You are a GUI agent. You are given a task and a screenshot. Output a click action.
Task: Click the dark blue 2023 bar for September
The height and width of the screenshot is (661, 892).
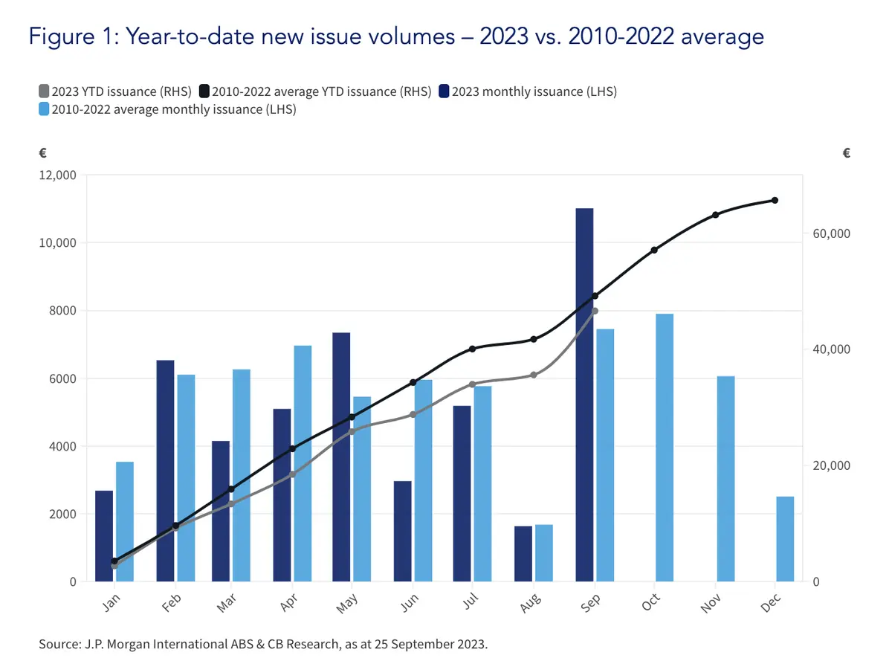point(584,395)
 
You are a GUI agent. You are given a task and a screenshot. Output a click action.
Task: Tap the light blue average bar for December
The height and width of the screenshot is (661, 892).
point(785,539)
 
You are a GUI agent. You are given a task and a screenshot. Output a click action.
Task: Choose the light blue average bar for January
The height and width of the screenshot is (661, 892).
point(125,521)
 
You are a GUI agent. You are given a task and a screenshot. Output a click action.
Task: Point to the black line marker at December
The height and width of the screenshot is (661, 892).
point(775,200)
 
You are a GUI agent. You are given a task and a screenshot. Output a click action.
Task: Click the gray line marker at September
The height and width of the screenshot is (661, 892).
point(595,311)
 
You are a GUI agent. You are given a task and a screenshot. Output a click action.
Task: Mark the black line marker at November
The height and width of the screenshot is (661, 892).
point(715,215)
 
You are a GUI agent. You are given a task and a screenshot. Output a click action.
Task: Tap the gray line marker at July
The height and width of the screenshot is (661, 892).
point(472,384)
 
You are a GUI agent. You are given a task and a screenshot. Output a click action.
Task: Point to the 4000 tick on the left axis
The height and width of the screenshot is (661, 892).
point(62,447)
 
